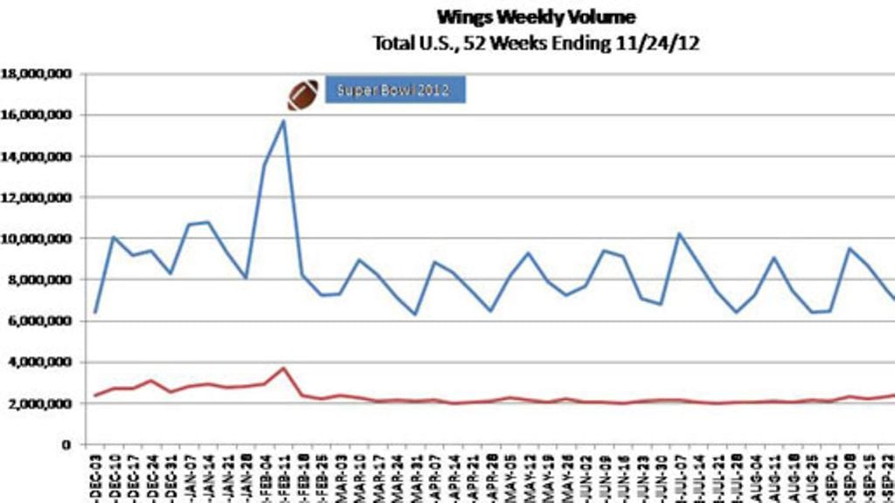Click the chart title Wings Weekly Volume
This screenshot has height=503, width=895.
(x=535, y=17)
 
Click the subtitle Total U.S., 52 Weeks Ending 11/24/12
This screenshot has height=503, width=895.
(x=536, y=43)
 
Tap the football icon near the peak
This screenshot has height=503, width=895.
(x=303, y=95)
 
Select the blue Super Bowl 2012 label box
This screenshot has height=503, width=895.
(x=395, y=90)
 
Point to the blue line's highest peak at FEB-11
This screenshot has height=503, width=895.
(x=283, y=121)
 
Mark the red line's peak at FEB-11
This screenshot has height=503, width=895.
(x=283, y=368)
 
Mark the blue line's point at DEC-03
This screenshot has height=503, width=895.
(x=94, y=313)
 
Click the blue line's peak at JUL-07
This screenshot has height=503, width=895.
(x=679, y=234)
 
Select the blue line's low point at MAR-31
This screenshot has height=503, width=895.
(x=415, y=314)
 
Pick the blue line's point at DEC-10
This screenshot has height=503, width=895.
(x=114, y=237)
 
